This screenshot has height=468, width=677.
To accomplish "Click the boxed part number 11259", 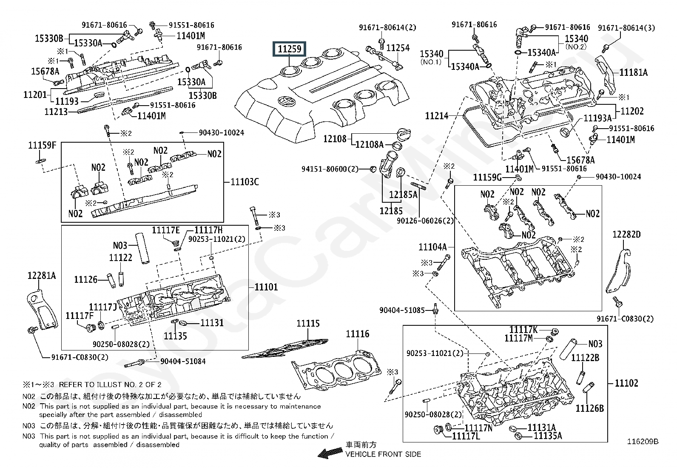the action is (289, 49).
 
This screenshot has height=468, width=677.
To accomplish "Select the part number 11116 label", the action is (358, 334).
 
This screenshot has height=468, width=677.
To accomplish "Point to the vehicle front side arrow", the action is (330, 453).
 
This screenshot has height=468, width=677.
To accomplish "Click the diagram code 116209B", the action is (643, 442).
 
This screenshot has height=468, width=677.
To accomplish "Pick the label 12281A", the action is (42, 276).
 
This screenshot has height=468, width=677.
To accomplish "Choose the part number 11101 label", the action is (266, 287).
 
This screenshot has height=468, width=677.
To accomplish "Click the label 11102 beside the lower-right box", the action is (626, 383).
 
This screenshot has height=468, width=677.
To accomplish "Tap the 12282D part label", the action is (626, 234).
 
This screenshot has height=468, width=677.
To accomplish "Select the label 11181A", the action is (634, 72).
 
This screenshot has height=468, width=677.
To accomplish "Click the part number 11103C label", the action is (245, 182).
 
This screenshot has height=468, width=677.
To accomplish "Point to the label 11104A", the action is (432, 247).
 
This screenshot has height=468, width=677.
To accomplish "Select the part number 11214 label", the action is (437, 116).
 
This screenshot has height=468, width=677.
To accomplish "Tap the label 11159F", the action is (42, 145).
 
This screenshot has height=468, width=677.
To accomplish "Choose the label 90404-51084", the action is (183, 361).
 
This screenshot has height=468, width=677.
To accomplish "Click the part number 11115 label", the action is (308, 324).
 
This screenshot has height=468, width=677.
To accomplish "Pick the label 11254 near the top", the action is (398, 48).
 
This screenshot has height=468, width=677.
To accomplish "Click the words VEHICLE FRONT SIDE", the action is (383, 454).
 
